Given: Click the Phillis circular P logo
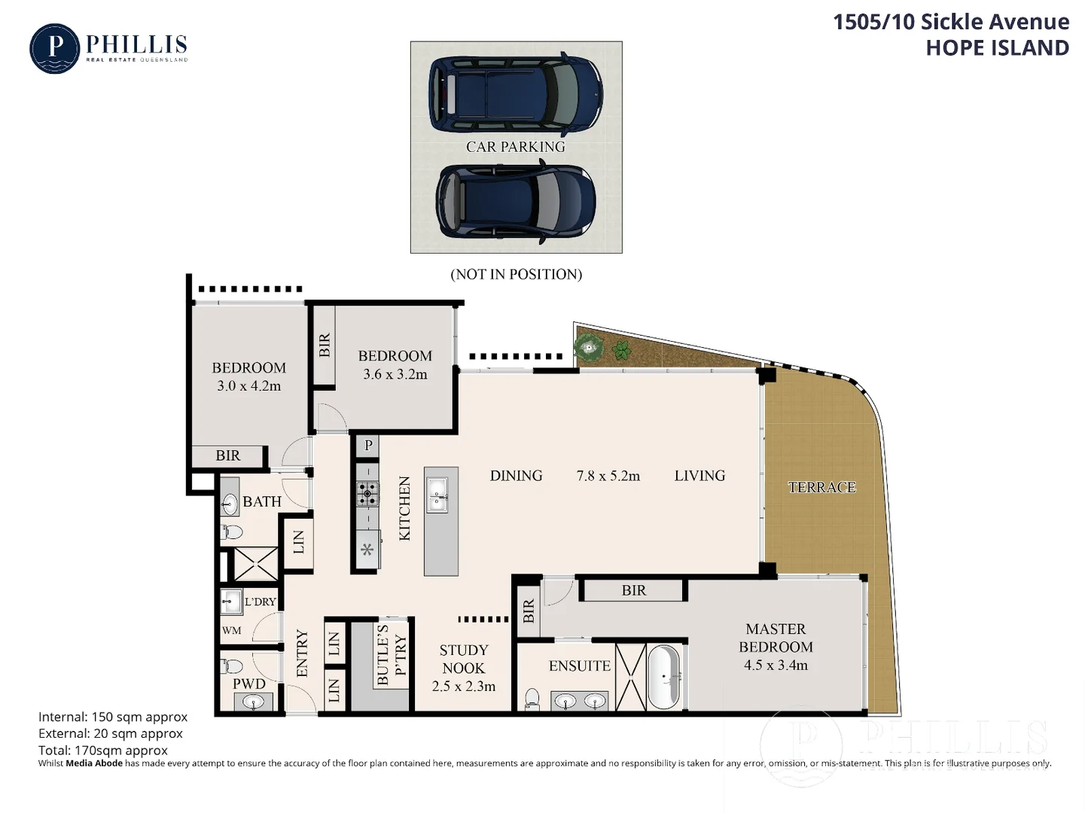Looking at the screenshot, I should (x=54, y=49).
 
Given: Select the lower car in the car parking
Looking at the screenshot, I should (x=515, y=202).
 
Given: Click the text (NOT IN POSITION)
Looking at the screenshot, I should (x=516, y=275).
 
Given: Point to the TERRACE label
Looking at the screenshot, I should (x=821, y=488).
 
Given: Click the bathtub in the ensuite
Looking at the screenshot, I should (x=663, y=676).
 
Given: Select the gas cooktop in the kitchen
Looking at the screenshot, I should (x=367, y=494).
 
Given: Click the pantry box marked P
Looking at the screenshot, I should (x=368, y=445).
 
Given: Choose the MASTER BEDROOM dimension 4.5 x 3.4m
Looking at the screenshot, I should (x=776, y=665).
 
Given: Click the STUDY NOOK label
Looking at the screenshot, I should (x=464, y=659).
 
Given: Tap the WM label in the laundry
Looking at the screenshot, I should (x=232, y=630).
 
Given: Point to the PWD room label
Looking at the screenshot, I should (x=248, y=684).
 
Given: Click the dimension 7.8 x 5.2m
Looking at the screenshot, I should (x=608, y=476).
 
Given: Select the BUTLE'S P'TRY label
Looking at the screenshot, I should (x=392, y=655).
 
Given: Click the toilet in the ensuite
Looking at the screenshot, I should (x=532, y=699).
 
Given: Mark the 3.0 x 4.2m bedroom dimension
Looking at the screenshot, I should (x=248, y=386).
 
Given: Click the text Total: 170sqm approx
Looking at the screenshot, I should (x=103, y=750).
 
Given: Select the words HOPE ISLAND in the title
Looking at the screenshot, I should (x=997, y=47).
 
